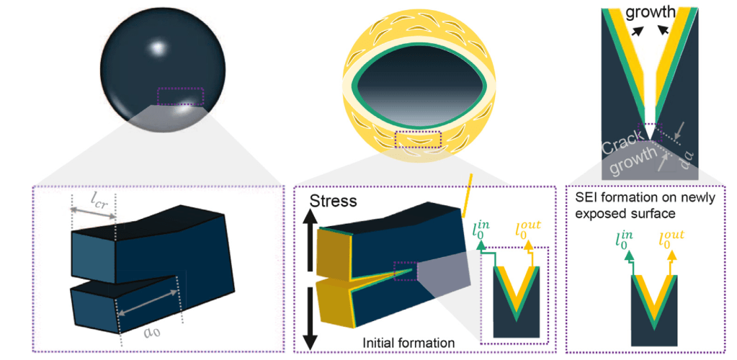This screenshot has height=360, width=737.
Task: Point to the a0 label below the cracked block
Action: point(151,332)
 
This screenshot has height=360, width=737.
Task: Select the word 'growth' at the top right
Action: point(651,12)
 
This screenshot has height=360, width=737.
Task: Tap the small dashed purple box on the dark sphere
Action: point(181,96)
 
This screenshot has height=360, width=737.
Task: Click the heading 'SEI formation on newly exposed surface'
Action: point(646,205)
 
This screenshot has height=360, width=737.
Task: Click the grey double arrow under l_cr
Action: point(93,210)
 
